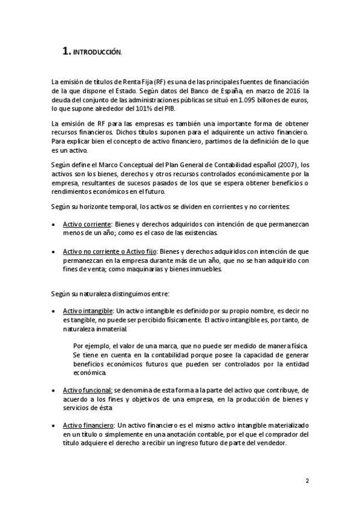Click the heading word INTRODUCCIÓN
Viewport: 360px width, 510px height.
(97, 53)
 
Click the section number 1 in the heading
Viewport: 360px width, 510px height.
(66, 52)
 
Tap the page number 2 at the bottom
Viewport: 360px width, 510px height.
(307, 481)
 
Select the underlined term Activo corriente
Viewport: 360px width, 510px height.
(88, 224)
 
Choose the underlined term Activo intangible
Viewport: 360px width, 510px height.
(89, 312)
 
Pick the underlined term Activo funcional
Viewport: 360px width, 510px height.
(88, 390)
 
